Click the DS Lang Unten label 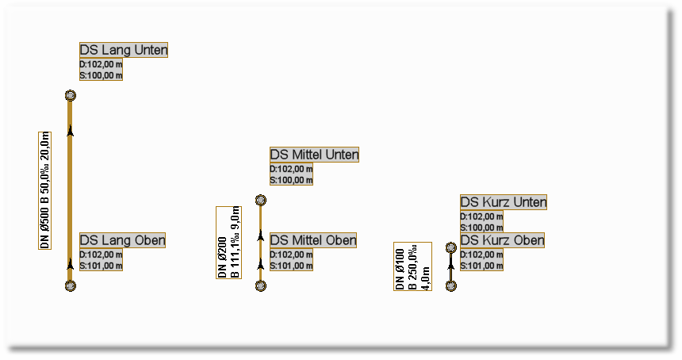click(x=124, y=50)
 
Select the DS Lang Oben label click(x=122, y=240)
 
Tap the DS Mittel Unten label click(x=314, y=155)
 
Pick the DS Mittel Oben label click(x=313, y=240)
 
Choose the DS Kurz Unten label click(x=504, y=202)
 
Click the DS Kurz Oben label click(x=502, y=240)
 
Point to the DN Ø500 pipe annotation click(x=45, y=190)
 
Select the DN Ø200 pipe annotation click(x=228, y=242)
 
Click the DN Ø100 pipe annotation click(x=412, y=266)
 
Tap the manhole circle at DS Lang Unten click(x=71, y=95)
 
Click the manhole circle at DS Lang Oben click(x=71, y=285)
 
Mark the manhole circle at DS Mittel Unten click(x=260, y=201)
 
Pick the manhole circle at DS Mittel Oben click(x=260, y=285)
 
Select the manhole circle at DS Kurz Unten click(x=450, y=247)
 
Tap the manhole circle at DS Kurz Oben click(x=450, y=285)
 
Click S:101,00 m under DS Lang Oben click(x=102, y=266)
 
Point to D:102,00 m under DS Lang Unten click(x=102, y=64)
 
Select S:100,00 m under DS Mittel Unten click(x=292, y=180)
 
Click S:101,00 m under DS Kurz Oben click(x=482, y=266)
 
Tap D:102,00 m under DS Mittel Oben click(x=292, y=255)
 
